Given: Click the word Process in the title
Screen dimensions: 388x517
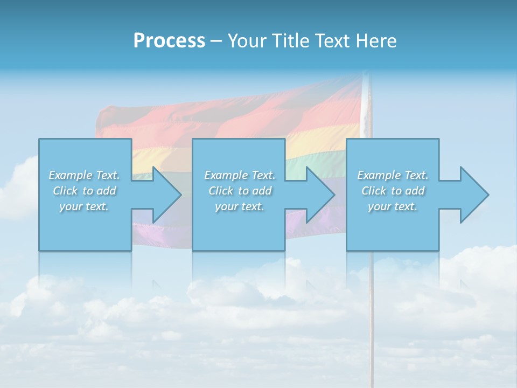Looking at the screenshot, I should click(x=169, y=41).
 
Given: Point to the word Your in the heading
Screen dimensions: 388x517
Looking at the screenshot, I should click(x=247, y=41).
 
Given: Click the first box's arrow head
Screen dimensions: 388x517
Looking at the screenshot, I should click(x=164, y=195).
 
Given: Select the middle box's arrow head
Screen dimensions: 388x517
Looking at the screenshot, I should click(x=318, y=195).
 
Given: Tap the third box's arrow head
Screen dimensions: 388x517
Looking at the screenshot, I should click(x=472, y=195).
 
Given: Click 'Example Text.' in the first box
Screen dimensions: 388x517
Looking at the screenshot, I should click(x=85, y=175).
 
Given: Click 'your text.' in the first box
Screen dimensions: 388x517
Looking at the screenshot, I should click(x=85, y=206).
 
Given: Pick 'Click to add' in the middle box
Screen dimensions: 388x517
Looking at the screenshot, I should click(x=240, y=191).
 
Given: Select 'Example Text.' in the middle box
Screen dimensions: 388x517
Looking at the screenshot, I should click(x=240, y=175).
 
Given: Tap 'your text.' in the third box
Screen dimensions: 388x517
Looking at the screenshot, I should click(x=393, y=206).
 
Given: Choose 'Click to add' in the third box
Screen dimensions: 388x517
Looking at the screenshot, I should click(x=393, y=191).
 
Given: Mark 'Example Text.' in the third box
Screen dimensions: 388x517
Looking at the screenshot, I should click(x=393, y=175).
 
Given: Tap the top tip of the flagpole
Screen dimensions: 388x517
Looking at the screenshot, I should click(x=366, y=75).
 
